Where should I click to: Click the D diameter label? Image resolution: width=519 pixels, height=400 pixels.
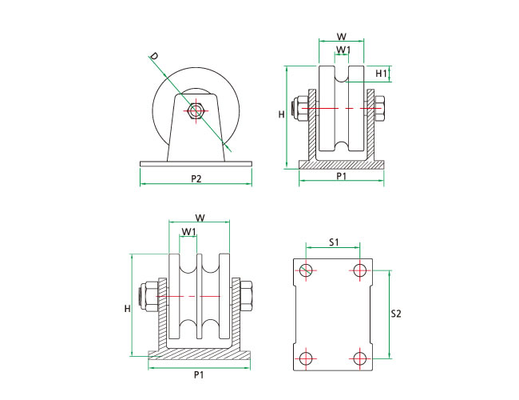pos(153,58)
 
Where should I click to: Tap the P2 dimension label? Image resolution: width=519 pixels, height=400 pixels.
pos(195,178)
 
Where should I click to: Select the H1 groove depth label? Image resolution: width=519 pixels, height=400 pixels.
pos(382,74)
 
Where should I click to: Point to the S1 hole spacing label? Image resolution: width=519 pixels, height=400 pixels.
pos(335,241)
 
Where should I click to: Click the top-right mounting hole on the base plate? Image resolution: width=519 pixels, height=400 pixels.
pos(360,270)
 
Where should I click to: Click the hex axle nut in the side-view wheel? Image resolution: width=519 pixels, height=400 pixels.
pos(195,111)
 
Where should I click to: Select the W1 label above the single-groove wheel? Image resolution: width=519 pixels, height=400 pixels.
pos(342,50)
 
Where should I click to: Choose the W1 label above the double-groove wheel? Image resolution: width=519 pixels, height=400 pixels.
pos(188,232)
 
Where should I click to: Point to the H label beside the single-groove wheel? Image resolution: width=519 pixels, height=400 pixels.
pos(281,114)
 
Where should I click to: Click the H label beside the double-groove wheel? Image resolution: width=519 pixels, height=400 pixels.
pos(127,308)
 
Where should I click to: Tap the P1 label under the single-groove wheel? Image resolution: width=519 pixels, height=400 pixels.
pos(341,175)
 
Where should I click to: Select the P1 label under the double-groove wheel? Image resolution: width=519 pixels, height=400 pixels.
pos(197,374)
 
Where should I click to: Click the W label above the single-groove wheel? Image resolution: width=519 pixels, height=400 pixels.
pos(341,36)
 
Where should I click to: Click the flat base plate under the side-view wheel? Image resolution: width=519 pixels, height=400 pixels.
pos(196,163)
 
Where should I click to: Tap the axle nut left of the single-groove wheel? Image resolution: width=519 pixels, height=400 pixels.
pos(301,108)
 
